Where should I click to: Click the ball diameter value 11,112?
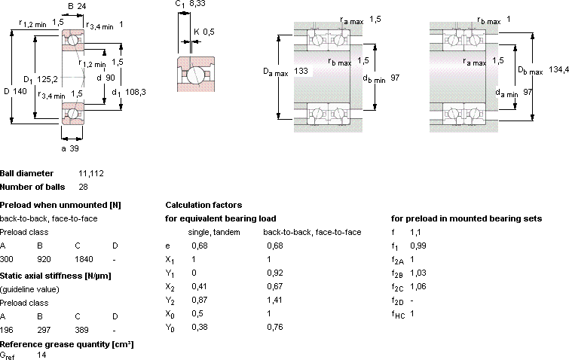pyautogui.click(x=91, y=173)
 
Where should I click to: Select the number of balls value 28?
pyautogui.click(x=83, y=187)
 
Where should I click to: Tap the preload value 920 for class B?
pyautogui.click(x=44, y=259)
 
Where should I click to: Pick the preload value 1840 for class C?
pyautogui.click(x=84, y=259)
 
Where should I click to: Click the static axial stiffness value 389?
pyautogui.click(x=81, y=330)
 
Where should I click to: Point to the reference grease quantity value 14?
pyautogui.click(x=41, y=355)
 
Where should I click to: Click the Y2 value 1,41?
pyautogui.click(x=274, y=300)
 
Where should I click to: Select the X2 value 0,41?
pyautogui.click(x=199, y=286)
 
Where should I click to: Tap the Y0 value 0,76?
pyautogui.click(x=274, y=327)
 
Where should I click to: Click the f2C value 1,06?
pyautogui.click(x=418, y=286)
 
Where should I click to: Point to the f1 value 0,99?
pyautogui.click(x=418, y=246)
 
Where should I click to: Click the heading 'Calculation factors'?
pyautogui.click(x=203, y=205)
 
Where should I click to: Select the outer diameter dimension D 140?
pyautogui.click(x=15, y=91)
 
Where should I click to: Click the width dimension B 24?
pyautogui.click(x=77, y=6)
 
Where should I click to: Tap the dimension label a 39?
pyautogui.click(x=70, y=148)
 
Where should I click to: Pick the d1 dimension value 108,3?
pyautogui.click(x=136, y=92)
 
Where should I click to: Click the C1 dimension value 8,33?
pyautogui.click(x=197, y=4)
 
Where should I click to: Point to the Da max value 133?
pyautogui.click(x=301, y=71)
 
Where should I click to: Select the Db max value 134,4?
pyautogui.click(x=559, y=69)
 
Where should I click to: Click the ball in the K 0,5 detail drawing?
pyautogui.click(x=196, y=75)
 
